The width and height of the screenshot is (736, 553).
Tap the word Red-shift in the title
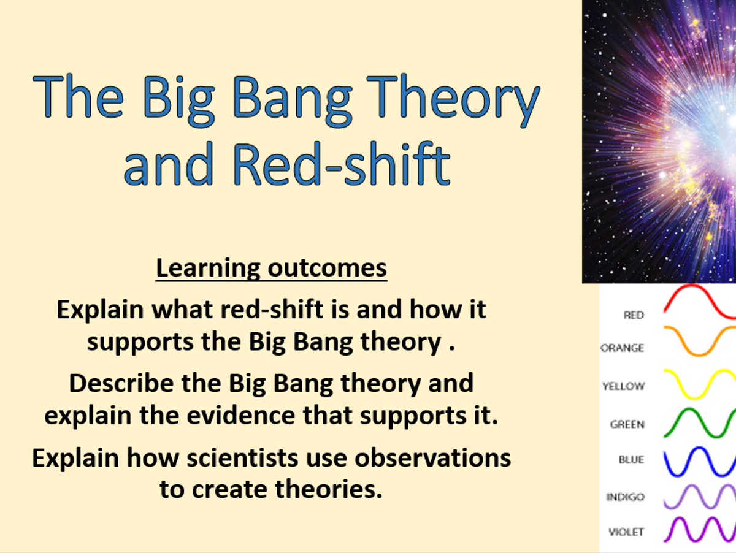pos(342,164)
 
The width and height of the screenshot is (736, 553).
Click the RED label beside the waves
pos(634,315)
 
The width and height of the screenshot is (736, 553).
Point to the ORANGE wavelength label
pos(623,348)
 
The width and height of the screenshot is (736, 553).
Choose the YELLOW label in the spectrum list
pos(623,386)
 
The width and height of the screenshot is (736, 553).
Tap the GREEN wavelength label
pos(627,424)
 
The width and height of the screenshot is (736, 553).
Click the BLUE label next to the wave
pos(631,459)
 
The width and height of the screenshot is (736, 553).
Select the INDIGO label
pos(626,497)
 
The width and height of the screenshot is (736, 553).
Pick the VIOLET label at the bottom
pos(626,532)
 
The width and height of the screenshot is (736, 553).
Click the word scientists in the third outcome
pos(242,458)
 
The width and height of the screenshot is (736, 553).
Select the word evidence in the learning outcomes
pos(241,415)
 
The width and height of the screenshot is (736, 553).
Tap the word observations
pos(432,458)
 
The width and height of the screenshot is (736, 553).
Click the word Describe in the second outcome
pos(121,383)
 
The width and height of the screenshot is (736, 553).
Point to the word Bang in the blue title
pos(292,100)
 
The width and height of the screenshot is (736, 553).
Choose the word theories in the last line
pos(329,489)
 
